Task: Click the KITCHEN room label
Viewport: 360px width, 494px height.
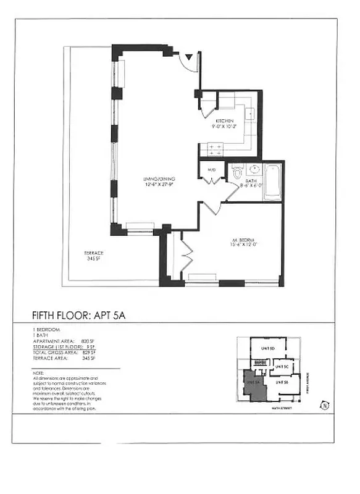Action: point(224,121)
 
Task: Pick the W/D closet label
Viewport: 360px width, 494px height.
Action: point(211,169)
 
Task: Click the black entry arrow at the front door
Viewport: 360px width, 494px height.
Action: point(190,59)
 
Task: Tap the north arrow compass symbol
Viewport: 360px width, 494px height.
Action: point(324,406)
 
